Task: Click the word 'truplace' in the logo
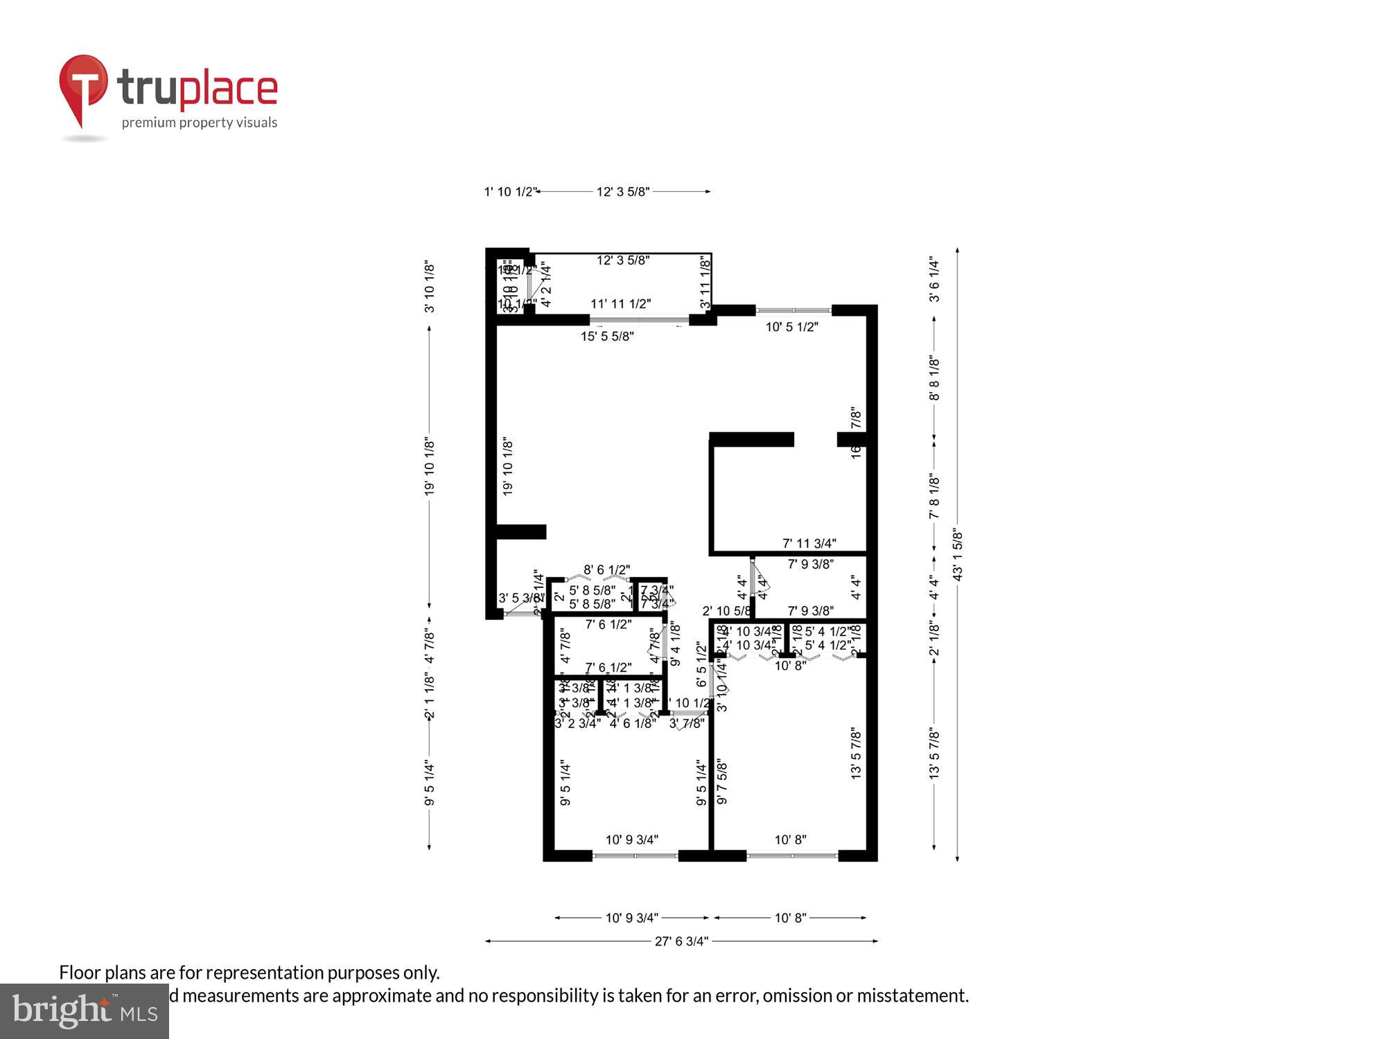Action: click(198, 89)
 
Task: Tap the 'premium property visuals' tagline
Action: click(200, 123)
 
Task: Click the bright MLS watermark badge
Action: click(85, 1011)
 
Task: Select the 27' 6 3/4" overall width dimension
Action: click(681, 941)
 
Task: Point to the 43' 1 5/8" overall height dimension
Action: click(958, 554)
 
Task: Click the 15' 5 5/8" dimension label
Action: click(607, 337)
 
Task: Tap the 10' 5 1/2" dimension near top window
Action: click(791, 327)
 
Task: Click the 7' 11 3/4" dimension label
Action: click(809, 544)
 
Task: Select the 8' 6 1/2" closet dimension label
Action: click(606, 570)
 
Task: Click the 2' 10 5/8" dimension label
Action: click(726, 612)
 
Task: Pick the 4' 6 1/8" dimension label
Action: click(633, 724)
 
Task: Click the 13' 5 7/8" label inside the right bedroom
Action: click(857, 754)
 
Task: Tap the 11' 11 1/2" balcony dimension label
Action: click(620, 304)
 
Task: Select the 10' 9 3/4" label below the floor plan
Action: click(631, 918)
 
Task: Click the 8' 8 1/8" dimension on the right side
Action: click(934, 378)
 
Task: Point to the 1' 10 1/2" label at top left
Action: click(509, 192)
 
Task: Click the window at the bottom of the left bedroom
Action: click(635, 856)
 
